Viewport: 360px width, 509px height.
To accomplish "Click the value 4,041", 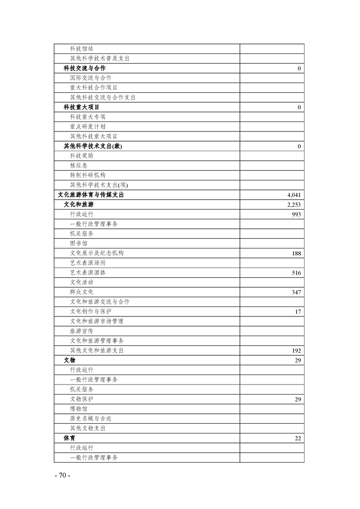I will pos(294,195).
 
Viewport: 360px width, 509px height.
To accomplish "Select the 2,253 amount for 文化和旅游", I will pos(294,205).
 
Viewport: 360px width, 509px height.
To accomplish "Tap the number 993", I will pos(296,214).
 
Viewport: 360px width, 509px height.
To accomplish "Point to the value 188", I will pos(296,253).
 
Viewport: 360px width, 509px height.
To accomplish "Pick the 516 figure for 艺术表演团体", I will pos(296,273).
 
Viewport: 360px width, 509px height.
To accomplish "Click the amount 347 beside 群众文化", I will pos(296,292).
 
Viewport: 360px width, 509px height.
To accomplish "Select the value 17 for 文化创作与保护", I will pos(298,312).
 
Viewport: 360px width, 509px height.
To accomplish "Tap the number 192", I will pos(296,351).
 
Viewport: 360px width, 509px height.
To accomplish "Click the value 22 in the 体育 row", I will pos(298,438).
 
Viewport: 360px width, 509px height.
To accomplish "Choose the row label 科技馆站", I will pos(81,48).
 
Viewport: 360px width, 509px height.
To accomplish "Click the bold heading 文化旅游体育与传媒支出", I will pos(91,195).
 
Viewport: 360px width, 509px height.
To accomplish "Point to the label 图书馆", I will pos(78,243).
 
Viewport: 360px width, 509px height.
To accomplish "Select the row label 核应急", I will pos(78,165).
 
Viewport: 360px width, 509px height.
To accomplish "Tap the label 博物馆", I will pos(78,409).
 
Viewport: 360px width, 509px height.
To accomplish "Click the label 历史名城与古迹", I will pos(91,418).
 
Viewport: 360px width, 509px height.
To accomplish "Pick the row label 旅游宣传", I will pos(81,331).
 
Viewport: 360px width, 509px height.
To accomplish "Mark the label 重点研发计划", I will pos(87,126).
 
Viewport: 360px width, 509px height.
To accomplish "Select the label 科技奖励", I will pos(81,156).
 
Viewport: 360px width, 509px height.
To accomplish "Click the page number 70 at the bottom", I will pos(62,475).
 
